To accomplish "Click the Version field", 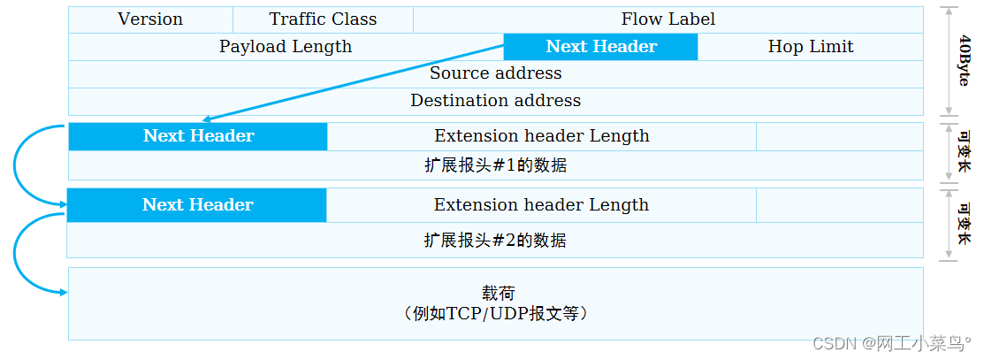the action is (x=150, y=19).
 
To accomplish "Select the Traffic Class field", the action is (x=323, y=19).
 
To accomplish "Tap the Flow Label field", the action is (x=667, y=19).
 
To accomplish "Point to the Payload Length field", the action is (x=286, y=47).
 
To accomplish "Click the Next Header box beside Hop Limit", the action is (x=601, y=47).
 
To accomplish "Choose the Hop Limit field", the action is (x=811, y=47).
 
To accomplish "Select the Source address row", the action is (x=495, y=73).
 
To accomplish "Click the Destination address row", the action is (x=495, y=101).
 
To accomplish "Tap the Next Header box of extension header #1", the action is (x=198, y=136).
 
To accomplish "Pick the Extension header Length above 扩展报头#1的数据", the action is (x=541, y=136).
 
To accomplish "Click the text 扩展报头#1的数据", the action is (x=495, y=165).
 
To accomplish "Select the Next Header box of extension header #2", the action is (x=197, y=205).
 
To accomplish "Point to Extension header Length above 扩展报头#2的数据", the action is (x=541, y=205).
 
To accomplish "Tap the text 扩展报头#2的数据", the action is (x=495, y=241).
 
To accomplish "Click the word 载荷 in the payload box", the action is (x=497, y=294).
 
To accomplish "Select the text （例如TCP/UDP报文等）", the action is (x=495, y=314).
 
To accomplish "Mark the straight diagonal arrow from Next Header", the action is (x=354, y=82).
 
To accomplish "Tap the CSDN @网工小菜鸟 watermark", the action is (x=893, y=343).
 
